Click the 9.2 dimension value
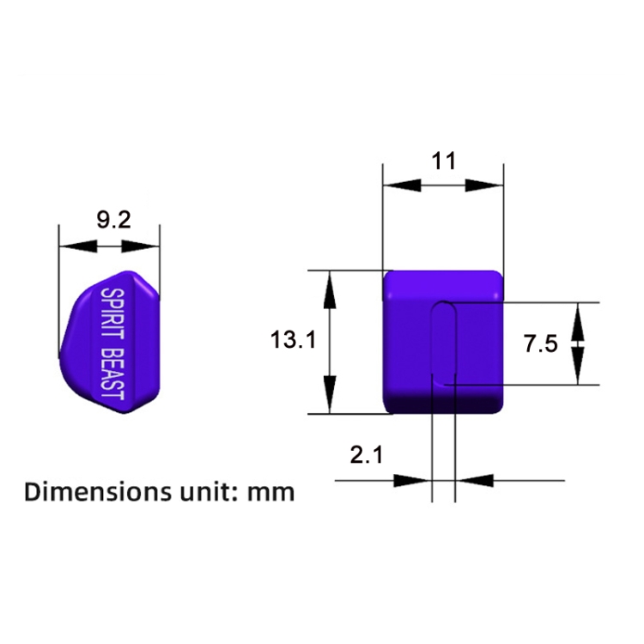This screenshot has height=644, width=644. pos(113,220)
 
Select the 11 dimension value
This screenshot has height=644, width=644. pos(444,161)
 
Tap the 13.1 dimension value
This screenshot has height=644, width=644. pos(293,340)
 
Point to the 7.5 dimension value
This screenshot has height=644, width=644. pos(540,343)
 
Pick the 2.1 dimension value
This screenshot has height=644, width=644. pos(367,455)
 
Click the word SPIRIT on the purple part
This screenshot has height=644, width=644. pos(112,313)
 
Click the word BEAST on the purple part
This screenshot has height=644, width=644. pos(112,374)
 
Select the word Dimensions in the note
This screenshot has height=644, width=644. pos(98,492)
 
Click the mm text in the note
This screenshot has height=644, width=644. pos(271,494)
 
